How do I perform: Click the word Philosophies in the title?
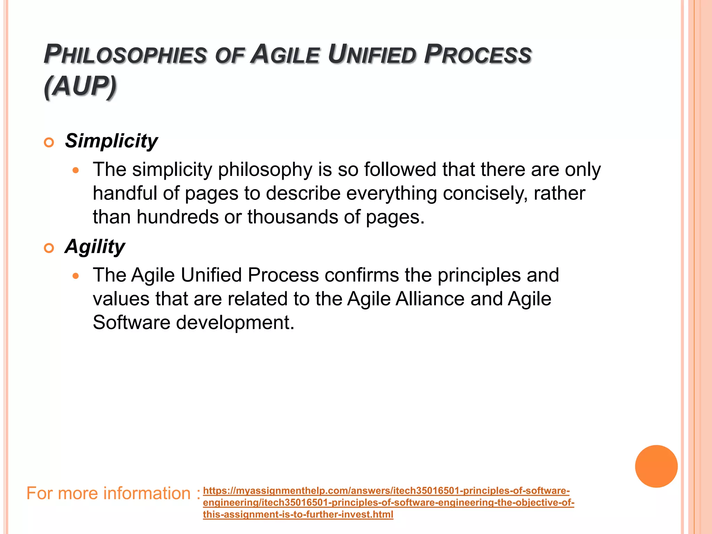pyautogui.click(x=125, y=55)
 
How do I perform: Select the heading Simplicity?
pyautogui.click(x=111, y=141)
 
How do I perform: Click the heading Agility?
pyautogui.click(x=95, y=247)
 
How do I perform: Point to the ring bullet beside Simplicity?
pyautogui.click(x=49, y=143)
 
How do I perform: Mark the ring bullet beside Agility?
pyautogui.click(x=49, y=248)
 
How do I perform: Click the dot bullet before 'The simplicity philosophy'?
pyautogui.click(x=76, y=171)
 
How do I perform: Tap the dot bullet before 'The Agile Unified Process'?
pyautogui.click(x=76, y=276)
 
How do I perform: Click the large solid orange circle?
pyautogui.click(x=656, y=466)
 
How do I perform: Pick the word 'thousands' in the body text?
pyautogui.click(x=293, y=217)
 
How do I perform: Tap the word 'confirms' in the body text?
pyautogui.click(x=362, y=275)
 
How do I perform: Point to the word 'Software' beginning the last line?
pyautogui.click(x=131, y=323)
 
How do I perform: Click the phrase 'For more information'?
pyautogui.click(x=108, y=493)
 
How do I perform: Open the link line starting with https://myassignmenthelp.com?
pyautogui.click(x=386, y=491)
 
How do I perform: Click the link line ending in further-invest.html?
pyautogui.click(x=298, y=515)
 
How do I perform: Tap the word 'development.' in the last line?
pyautogui.click(x=235, y=323)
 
